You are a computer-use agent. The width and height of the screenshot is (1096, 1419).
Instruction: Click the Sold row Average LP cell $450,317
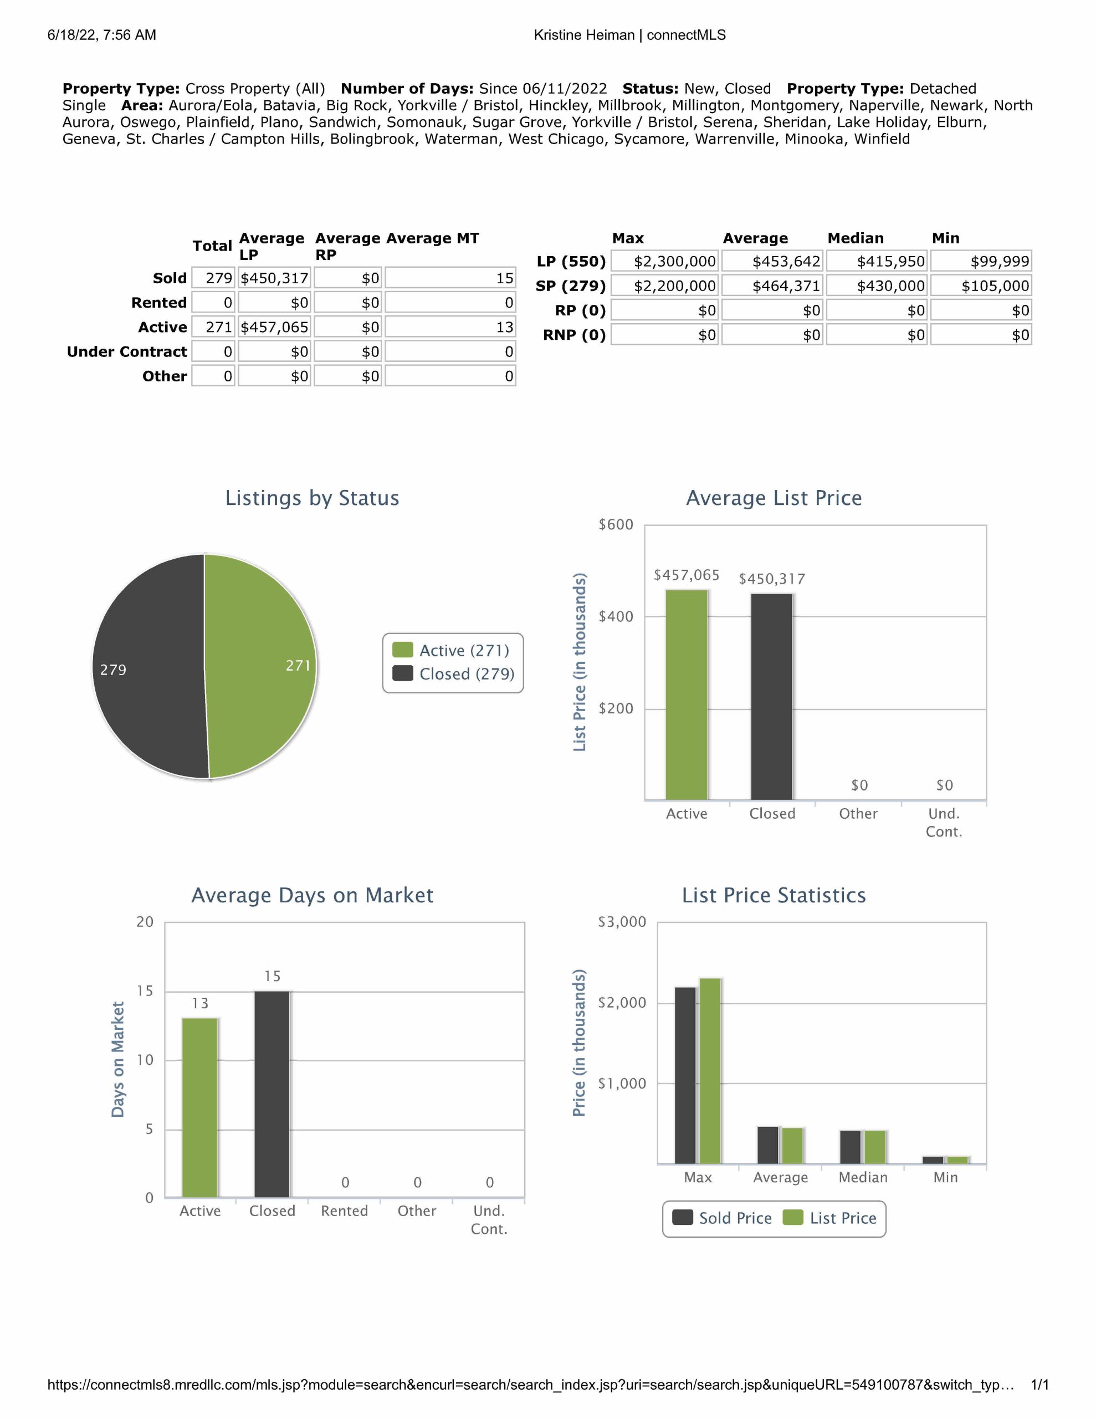point(274,278)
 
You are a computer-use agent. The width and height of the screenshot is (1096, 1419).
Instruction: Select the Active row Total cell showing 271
point(213,327)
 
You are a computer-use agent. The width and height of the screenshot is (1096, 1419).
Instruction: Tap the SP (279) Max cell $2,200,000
point(664,286)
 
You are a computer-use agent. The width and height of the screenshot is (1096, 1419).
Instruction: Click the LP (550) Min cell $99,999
point(980,261)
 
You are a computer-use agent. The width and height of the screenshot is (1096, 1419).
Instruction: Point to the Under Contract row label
point(127,351)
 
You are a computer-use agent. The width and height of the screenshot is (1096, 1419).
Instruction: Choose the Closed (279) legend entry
point(454,674)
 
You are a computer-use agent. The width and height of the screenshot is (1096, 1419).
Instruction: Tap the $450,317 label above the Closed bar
point(772,579)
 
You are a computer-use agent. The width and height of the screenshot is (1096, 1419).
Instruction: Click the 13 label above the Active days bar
point(200,1003)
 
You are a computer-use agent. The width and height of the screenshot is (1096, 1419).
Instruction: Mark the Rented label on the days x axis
point(344,1211)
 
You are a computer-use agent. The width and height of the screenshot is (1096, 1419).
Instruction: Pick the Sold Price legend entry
point(723,1218)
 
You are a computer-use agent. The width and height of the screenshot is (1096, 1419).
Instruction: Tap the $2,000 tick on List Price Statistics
point(622,1003)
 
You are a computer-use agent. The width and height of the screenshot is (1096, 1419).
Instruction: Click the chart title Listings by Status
point(312,498)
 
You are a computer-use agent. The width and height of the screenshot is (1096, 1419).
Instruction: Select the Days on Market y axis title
point(117,1059)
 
